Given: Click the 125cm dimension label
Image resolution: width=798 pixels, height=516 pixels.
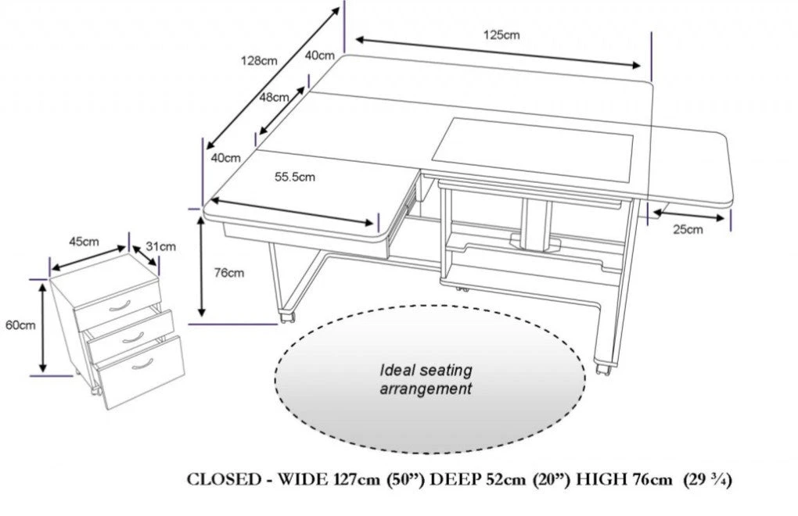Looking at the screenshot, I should coord(501,34).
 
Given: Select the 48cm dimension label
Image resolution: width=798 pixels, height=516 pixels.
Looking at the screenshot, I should coord(274,97).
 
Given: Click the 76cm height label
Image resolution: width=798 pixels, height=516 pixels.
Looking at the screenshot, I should coord(228,273).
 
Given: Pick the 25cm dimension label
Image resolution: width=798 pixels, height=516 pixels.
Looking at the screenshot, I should coord(687,229).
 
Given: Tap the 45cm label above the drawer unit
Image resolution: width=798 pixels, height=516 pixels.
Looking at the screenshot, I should coord(83,242).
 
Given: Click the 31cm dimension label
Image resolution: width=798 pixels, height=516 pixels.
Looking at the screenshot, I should coord(164,246).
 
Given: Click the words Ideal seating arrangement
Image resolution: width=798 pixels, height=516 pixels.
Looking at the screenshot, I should coord(426,378).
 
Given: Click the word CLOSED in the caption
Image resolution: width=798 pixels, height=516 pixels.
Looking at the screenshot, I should coord(222,479).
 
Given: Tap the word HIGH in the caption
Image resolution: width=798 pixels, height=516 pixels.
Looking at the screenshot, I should coord(598,479).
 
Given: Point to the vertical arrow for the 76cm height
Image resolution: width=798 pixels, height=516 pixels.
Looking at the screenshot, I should coord(203,266).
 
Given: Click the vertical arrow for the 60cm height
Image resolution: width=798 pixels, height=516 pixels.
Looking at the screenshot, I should coord(44,326).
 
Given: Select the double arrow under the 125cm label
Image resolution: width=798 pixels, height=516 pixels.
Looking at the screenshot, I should coord(501,52).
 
